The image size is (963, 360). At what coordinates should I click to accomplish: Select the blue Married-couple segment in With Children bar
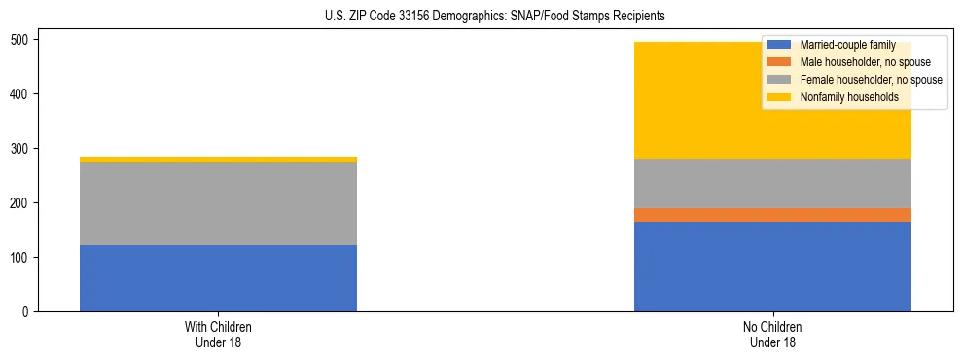click(218, 278)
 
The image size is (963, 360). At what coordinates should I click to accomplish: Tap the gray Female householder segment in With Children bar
click(218, 203)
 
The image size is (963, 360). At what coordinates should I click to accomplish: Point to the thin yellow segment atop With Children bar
click(218, 160)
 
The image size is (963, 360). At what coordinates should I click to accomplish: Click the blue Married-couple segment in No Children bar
click(772, 267)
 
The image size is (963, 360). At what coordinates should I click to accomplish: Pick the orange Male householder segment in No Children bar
click(772, 215)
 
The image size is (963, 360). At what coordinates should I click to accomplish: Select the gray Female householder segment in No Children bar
click(772, 183)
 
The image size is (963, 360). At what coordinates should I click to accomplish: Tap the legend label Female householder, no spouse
click(870, 79)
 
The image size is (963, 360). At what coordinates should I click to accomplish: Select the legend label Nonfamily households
click(848, 96)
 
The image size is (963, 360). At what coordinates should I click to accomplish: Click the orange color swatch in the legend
click(779, 62)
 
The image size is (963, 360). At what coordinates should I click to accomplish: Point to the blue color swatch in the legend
click(779, 45)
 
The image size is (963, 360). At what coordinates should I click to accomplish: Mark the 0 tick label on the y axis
click(29, 312)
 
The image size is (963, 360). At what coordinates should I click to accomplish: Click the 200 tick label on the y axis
click(23, 203)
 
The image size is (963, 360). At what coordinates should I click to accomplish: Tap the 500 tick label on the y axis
click(23, 40)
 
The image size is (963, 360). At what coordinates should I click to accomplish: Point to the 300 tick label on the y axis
click(23, 149)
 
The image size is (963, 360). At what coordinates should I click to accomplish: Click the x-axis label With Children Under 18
click(218, 335)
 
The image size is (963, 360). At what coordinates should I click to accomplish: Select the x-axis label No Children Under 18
click(772, 335)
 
